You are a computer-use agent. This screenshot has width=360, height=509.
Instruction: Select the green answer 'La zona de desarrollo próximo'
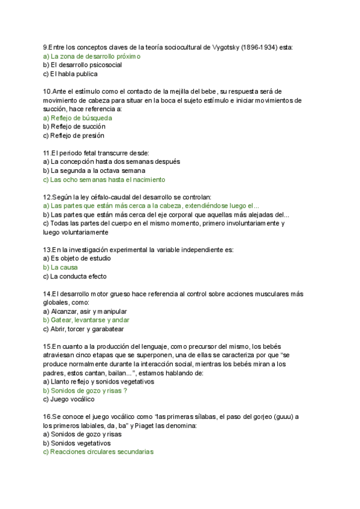[95, 56]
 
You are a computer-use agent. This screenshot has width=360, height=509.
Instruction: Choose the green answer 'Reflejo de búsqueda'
[81, 118]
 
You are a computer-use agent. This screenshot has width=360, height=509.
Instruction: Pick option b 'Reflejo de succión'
[78, 127]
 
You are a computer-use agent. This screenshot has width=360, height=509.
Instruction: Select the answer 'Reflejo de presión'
[78, 136]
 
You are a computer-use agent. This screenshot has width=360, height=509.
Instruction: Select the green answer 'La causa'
[64, 267]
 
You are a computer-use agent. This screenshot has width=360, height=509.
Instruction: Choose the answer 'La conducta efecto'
[78, 276]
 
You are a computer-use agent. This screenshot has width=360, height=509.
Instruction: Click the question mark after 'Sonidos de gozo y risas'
[124, 390]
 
